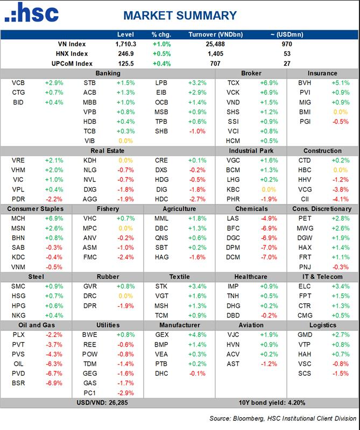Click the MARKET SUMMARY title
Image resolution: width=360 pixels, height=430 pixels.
coord(180,16)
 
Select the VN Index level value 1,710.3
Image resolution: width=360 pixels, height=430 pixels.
coord(125,44)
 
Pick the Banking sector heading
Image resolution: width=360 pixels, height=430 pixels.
coord(108,73)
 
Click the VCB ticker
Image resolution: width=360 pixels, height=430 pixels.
coord(18,83)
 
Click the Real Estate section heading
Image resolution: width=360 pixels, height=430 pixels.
coord(108,151)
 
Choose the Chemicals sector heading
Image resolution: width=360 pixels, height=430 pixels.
coord(251,209)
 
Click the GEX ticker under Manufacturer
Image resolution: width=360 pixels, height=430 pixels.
coord(162,335)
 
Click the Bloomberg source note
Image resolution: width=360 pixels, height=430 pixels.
coord(283,418)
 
